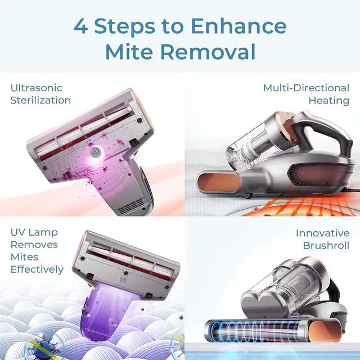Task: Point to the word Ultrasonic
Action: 36,88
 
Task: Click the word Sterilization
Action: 40,101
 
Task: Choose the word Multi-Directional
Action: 306,88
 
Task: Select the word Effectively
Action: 37,269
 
